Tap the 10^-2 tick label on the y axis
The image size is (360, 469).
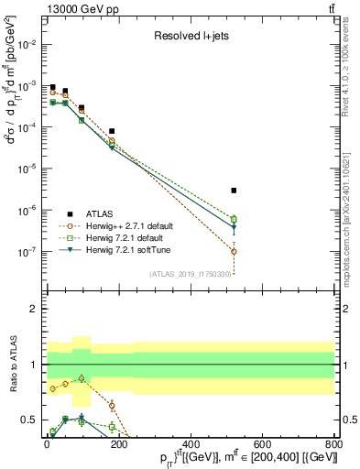[30, 44]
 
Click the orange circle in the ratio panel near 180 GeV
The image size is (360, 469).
[112, 405]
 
